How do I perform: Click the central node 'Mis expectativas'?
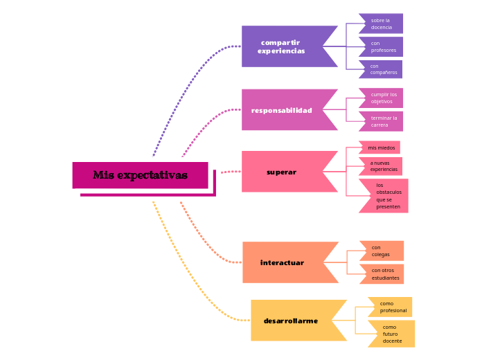tap(140, 175)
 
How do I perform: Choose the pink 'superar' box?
tap(282, 172)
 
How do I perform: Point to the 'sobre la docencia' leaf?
tap(382, 24)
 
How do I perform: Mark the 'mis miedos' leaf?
tap(381, 147)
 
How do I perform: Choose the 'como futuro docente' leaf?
tap(393, 334)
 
